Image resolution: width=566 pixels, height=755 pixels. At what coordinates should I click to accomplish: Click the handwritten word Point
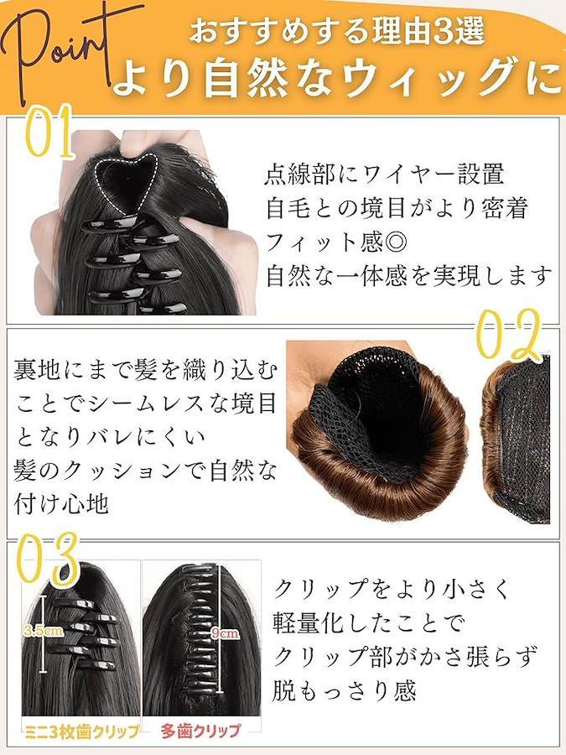(58, 48)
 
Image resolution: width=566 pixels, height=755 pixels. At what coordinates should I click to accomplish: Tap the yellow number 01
(49, 131)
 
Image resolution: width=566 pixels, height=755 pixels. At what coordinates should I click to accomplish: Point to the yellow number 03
(47, 559)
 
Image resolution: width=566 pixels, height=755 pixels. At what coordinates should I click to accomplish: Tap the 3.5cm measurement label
(44, 630)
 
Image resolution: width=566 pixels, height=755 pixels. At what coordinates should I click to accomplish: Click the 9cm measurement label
(225, 633)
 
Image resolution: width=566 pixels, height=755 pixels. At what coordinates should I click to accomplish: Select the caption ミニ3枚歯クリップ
(82, 732)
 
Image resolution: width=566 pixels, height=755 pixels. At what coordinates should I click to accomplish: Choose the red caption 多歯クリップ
(200, 731)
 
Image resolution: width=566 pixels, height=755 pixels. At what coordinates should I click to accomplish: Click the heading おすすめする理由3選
(336, 31)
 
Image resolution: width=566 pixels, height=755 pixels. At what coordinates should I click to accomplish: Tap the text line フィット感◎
(336, 242)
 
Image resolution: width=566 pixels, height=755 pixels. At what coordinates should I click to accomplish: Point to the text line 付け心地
(61, 505)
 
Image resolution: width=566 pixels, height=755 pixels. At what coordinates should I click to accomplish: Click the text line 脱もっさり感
(344, 690)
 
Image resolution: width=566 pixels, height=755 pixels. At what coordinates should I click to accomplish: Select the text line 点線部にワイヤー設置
(385, 174)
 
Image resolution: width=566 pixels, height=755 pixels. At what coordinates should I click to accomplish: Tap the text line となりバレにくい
(111, 437)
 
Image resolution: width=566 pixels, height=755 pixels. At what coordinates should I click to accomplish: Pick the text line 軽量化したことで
(369, 622)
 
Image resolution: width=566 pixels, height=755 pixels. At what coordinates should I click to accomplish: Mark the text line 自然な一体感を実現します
(408, 276)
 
